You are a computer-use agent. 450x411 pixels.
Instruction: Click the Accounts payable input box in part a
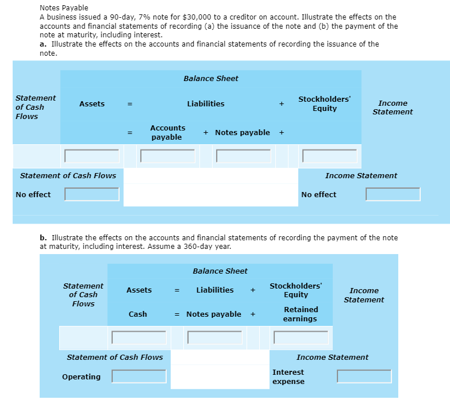[x=167, y=156]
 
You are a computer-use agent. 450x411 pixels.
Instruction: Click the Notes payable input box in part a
[x=244, y=156]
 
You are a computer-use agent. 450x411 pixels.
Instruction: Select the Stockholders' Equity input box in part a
[x=330, y=156]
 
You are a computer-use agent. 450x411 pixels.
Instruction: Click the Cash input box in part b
[x=139, y=337]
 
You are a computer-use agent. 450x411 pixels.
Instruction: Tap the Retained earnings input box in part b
[x=301, y=337]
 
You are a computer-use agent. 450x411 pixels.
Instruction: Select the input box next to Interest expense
[x=364, y=377]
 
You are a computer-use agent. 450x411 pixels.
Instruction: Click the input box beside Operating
[x=139, y=377]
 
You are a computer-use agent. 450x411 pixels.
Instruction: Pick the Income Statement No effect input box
[x=393, y=194]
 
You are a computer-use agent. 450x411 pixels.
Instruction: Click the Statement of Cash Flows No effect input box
[x=92, y=194]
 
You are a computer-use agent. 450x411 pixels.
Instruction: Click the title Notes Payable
[x=64, y=8]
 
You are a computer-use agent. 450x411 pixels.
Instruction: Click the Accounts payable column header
[x=167, y=132]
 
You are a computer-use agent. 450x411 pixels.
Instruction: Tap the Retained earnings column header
[x=301, y=314]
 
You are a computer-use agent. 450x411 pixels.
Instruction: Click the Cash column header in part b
[x=138, y=314]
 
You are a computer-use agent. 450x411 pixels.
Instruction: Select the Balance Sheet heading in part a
[x=211, y=78]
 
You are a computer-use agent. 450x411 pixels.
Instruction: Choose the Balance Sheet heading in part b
[x=220, y=271]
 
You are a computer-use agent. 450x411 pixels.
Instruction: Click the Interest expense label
[x=289, y=377]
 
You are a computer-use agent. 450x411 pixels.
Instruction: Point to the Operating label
[x=81, y=377]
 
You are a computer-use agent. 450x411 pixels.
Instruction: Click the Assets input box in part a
[x=92, y=156]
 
